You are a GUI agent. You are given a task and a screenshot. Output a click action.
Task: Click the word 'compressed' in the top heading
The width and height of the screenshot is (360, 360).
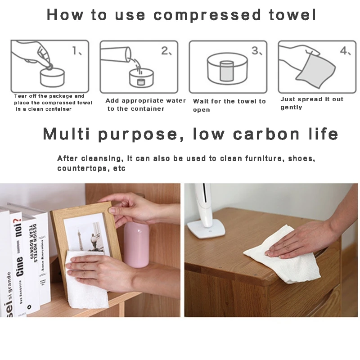coord(207,15)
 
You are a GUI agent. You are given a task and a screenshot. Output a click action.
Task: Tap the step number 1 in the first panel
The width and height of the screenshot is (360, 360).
coord(75,50)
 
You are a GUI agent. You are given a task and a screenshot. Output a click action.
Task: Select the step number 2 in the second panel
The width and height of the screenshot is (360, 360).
coord(165,50)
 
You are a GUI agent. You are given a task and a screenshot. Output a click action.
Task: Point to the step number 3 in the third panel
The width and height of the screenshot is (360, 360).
coord(255,50)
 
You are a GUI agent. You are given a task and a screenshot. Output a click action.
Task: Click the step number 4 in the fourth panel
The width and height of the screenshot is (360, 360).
coord(343,50)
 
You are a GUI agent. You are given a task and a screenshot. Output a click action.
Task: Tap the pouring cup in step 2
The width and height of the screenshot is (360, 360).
coord(116,54)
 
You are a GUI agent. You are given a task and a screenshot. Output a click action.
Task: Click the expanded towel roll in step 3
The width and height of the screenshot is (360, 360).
coord(227,71)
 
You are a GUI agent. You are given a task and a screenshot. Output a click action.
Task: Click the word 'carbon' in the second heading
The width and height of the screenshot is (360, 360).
coord(266,134)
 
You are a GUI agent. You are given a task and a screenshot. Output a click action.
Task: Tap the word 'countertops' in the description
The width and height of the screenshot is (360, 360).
coord(82,168)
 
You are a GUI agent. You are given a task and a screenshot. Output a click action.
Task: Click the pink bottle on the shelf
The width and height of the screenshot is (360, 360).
coord(136,244)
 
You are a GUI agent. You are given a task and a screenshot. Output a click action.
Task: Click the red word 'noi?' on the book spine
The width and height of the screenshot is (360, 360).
coord(18,228)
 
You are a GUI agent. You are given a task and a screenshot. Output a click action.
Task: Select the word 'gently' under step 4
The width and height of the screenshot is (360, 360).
coord(291,108)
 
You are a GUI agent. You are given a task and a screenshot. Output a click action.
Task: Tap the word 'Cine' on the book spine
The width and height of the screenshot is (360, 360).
coord(19,267)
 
